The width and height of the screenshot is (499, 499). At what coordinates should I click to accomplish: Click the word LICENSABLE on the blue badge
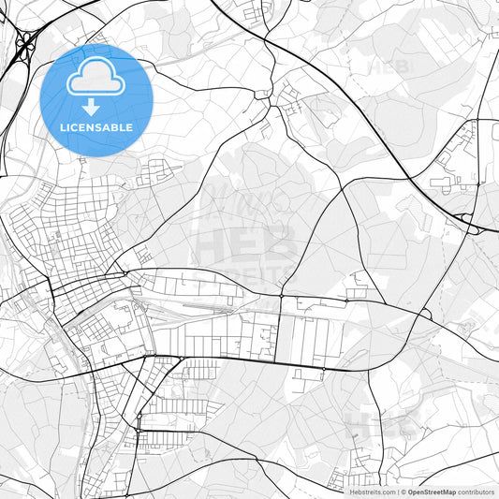coord(96,127)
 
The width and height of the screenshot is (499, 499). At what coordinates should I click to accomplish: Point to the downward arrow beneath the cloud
coord(92,107)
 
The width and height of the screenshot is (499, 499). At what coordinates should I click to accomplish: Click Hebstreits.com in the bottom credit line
coord(372,492)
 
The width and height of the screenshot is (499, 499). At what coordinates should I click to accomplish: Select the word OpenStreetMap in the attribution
coord(432,492)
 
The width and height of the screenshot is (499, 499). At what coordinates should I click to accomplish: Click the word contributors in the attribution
coord(477,492)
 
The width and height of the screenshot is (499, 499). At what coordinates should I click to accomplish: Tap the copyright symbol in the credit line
coord(403,492)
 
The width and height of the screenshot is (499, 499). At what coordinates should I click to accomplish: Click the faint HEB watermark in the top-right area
coord(389,68)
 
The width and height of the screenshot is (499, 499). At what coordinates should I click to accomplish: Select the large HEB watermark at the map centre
coord(245,245)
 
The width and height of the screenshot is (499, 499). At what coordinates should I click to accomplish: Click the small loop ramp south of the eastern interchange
coord(426,315)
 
